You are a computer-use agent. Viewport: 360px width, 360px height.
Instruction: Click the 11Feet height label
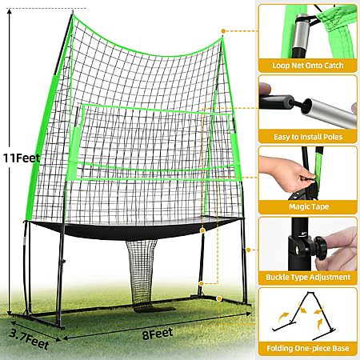[22, 158]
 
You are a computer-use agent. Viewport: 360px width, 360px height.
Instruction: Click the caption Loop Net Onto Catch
[308, 66]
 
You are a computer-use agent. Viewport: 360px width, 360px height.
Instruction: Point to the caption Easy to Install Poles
[308, 137]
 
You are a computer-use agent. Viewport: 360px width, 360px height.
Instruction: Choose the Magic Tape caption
[309, 206]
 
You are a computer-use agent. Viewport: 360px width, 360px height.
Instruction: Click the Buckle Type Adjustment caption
[308, 277]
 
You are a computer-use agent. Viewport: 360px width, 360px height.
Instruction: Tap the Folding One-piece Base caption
[308, 348]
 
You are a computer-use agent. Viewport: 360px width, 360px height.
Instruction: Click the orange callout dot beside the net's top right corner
[223, 31]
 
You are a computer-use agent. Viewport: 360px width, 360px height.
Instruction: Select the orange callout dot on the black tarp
[202, 230]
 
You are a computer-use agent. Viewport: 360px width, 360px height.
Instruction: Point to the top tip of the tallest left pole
[73, 11]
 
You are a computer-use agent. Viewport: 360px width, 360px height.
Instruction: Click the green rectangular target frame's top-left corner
[83, 105]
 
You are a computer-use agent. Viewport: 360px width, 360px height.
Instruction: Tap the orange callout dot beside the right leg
[248, 250]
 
